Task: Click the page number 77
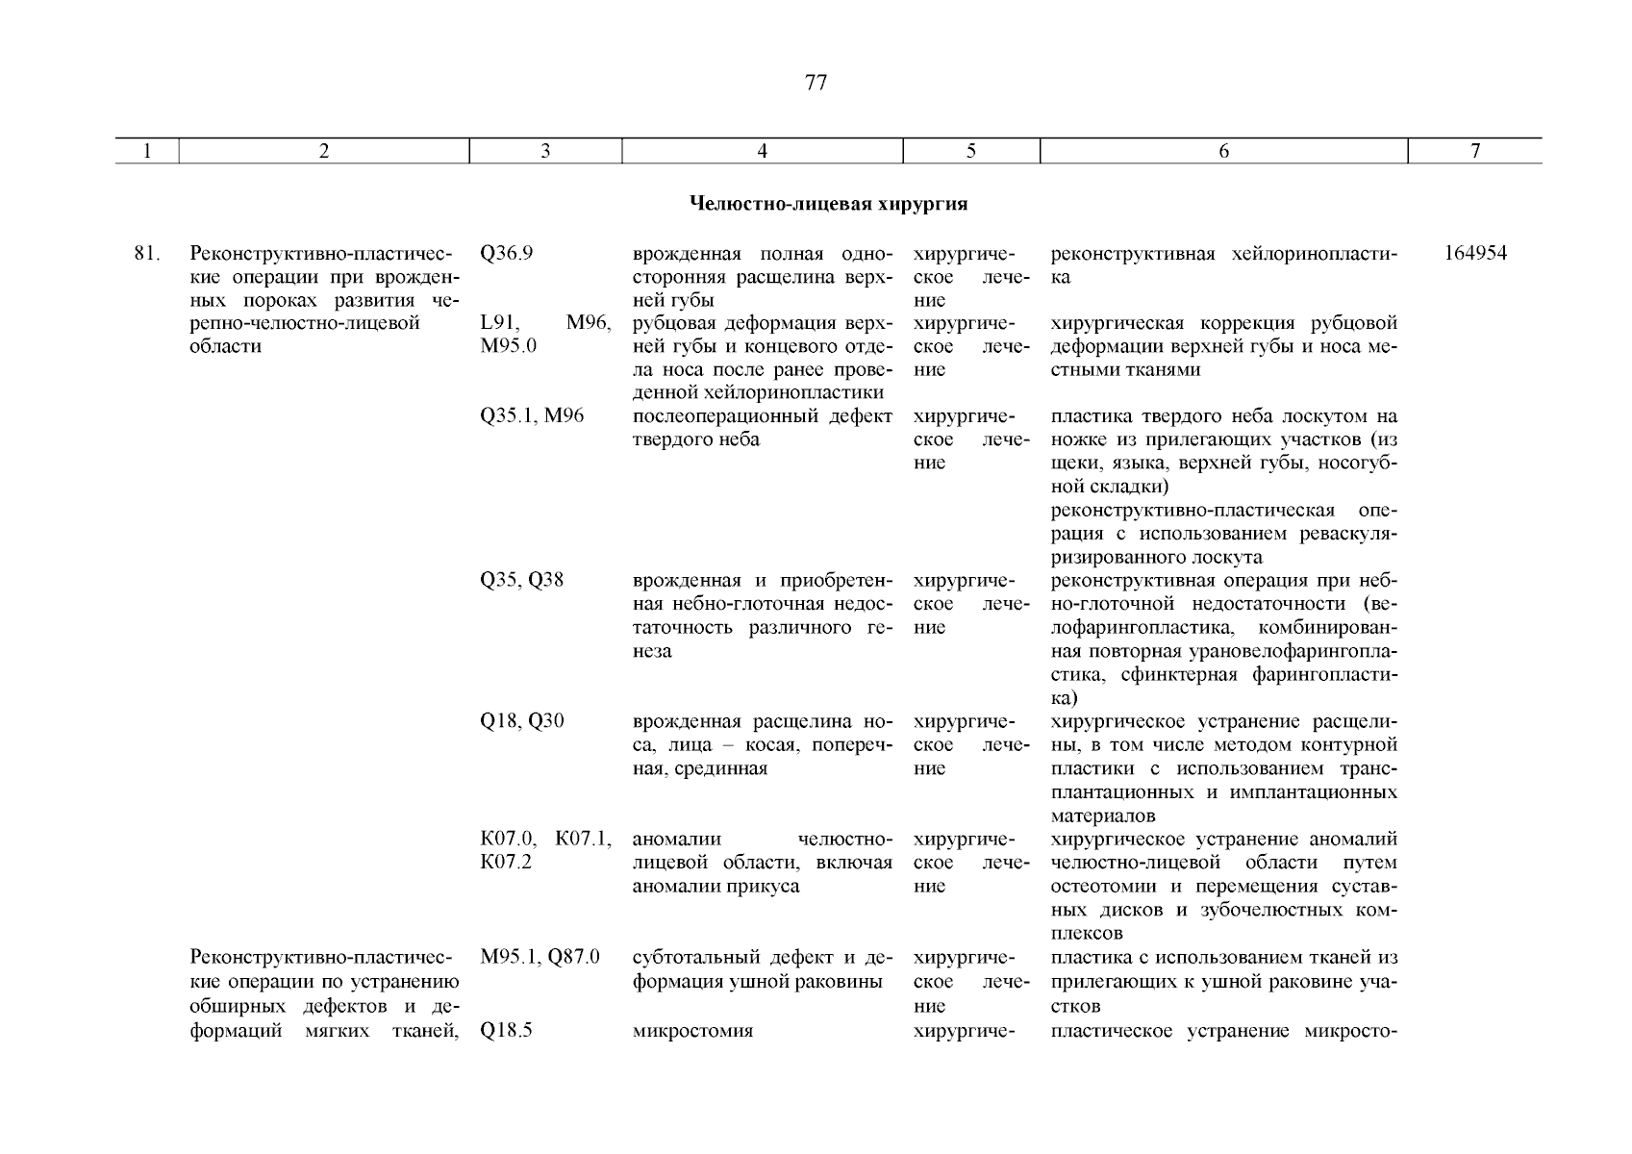point(815,83)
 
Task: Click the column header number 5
point(971,151)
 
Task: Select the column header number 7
point(1475,151)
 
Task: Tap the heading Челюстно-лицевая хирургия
point(828,204)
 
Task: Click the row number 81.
point(146,254)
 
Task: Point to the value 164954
point(1475,254)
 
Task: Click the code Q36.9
point(506,254)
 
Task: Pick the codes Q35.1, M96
point(531,416)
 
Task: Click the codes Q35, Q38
point(521,581)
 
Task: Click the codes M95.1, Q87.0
point(540,958)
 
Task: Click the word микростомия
point(692,1031)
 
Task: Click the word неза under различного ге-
point(652,652)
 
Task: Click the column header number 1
point(146,151)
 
